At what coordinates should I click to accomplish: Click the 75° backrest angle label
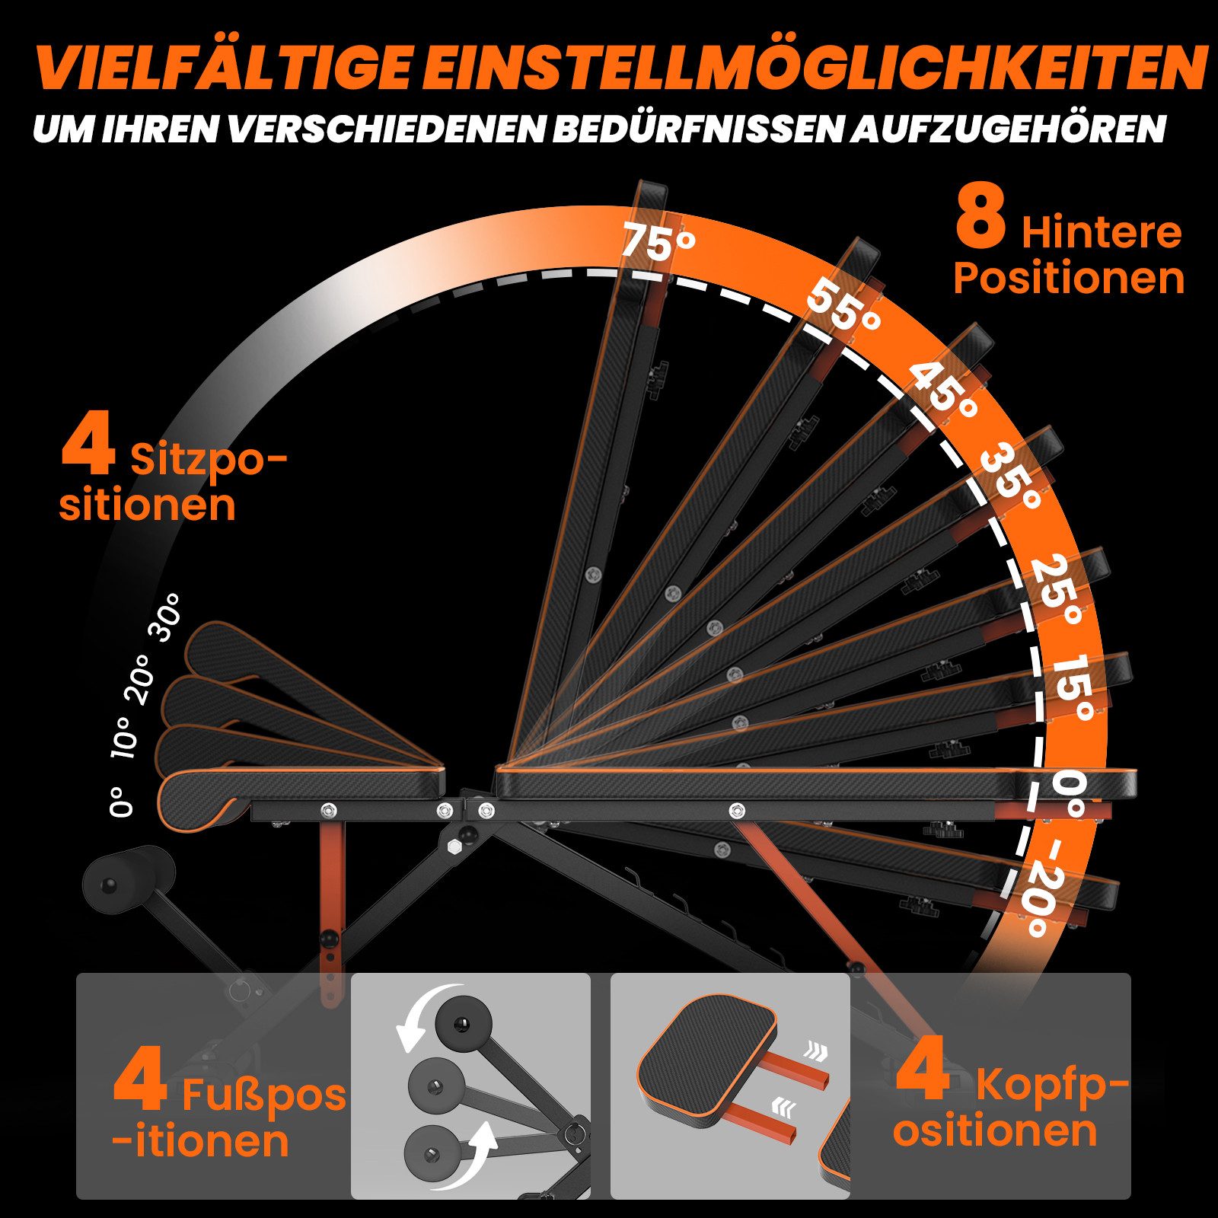pos(658,241)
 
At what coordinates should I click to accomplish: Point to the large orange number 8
pos(981,218)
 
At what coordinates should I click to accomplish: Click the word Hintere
pos(1102,232)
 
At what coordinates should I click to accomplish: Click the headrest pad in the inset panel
pos(707,1061)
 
